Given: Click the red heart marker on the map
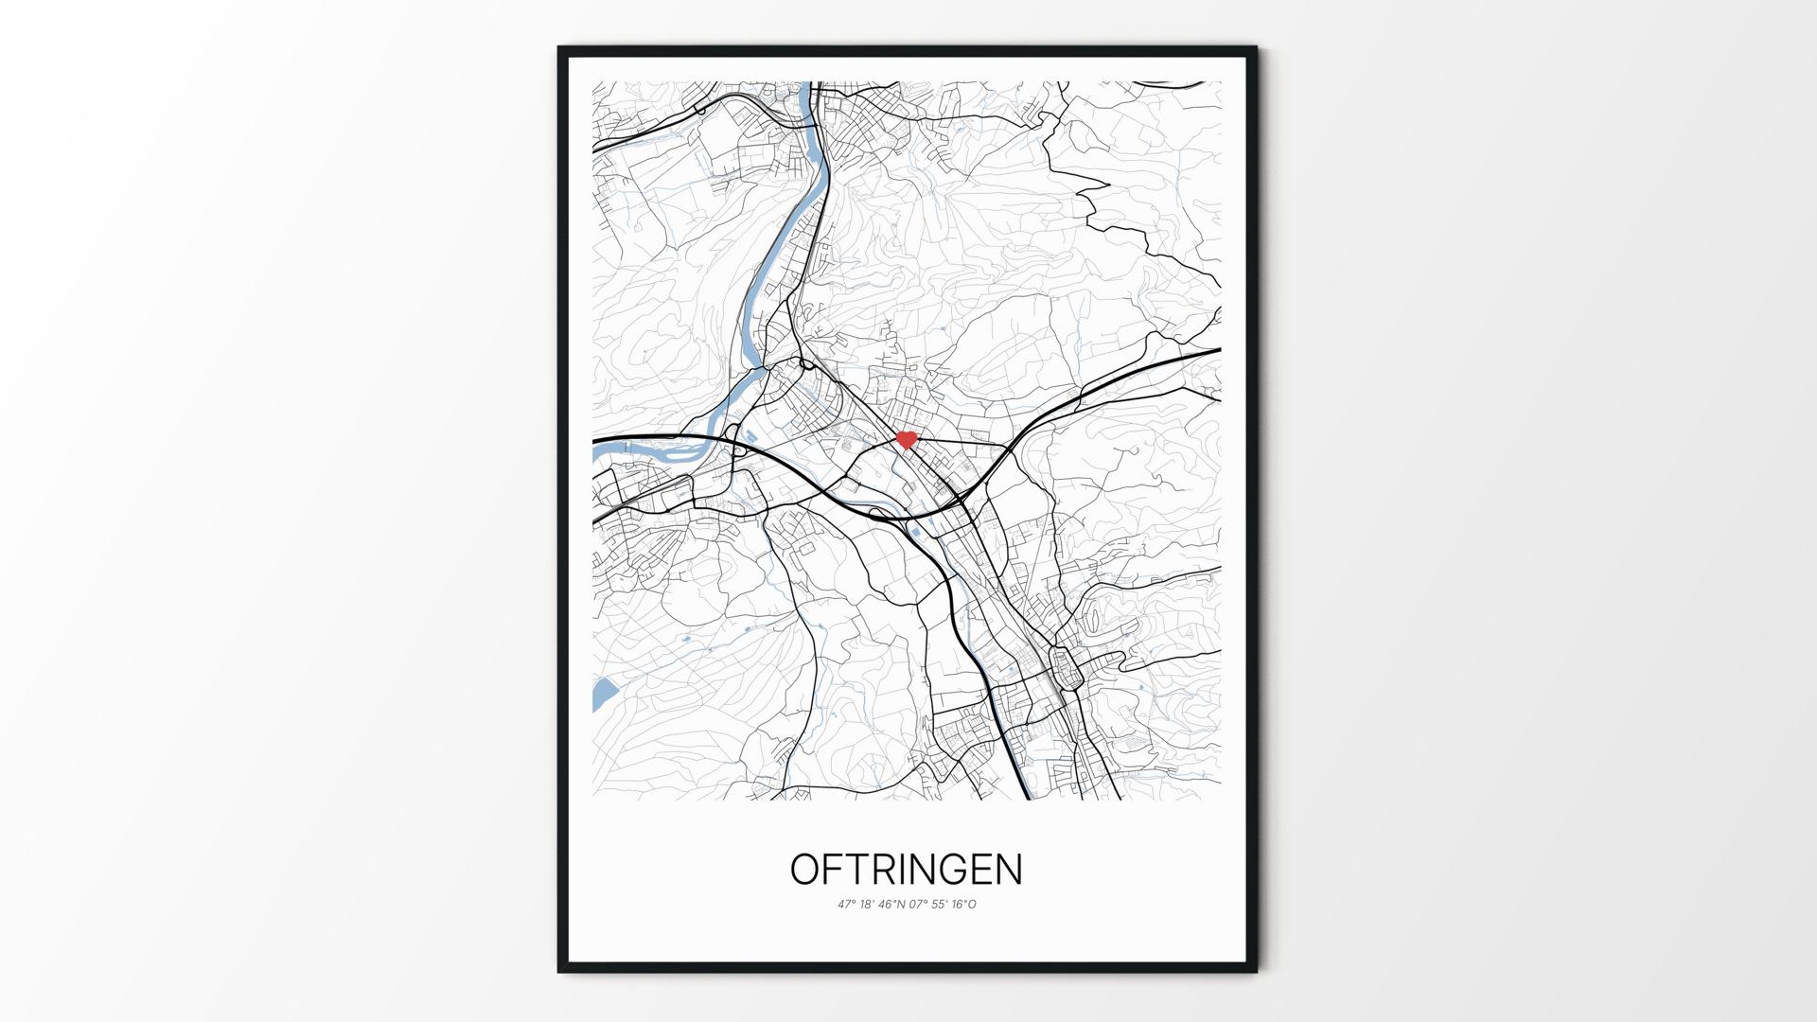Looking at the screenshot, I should pyautogui.click(x=907, y=440).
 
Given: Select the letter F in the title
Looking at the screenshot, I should pyautogui.click(x=830, y=870).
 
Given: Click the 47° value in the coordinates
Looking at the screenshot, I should pyautogui.click(x=846, y=905).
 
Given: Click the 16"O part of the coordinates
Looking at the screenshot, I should pyautogui.click(x=964, y=905).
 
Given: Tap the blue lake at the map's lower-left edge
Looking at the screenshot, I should pyautogui.click(x=603, y=693).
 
